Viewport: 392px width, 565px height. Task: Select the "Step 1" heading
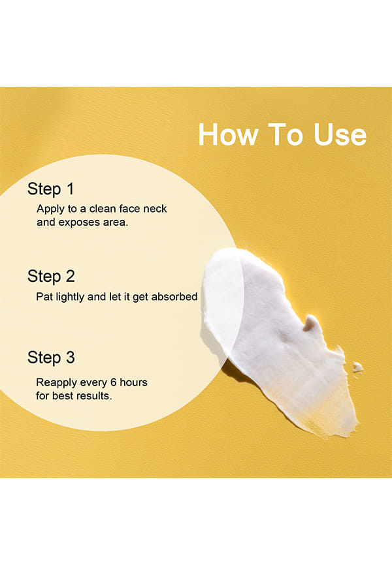click(50, 189)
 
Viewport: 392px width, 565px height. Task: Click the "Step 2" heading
click(51, 277)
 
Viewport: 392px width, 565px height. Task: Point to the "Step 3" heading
click(51, 358)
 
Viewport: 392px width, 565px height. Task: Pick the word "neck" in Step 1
click(155, 209)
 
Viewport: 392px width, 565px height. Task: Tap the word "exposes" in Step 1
click(79, 222)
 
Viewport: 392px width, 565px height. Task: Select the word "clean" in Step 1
click(103, 209)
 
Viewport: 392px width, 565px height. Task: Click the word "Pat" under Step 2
click(42, 297)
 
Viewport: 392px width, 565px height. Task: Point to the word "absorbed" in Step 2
click(174, 297)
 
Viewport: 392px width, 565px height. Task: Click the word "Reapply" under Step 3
click(56, 383)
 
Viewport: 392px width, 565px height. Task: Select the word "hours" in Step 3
click(133, 382)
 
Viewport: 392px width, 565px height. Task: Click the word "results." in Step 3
click(94, 395)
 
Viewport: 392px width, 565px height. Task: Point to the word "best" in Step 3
click(63, 395)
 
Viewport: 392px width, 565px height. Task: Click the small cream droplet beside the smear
click(357, 367)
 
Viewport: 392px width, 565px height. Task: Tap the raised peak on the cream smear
click(312, 322)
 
